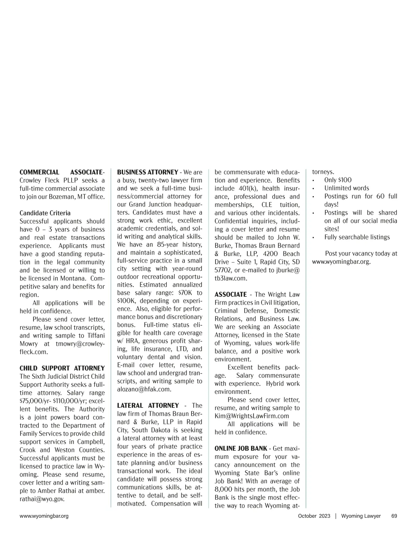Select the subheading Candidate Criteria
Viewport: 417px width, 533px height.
[45, 213]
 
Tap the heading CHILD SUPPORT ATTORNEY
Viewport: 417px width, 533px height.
[62, 368]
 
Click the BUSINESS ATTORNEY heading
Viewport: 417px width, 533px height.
[147, 172]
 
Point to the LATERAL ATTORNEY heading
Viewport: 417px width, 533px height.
[148, 405]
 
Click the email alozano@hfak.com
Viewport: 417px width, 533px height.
[144, 389]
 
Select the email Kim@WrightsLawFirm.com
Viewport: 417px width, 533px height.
[252, 416]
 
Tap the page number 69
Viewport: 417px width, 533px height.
[394, 516]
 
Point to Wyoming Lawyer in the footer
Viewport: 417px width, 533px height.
[361, 516]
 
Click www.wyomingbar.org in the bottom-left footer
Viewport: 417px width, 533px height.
[44, 516]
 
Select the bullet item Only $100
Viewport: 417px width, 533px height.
[338, 180]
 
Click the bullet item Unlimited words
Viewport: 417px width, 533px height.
[346, 188]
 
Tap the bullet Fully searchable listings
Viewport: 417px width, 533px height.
[357, 237]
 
